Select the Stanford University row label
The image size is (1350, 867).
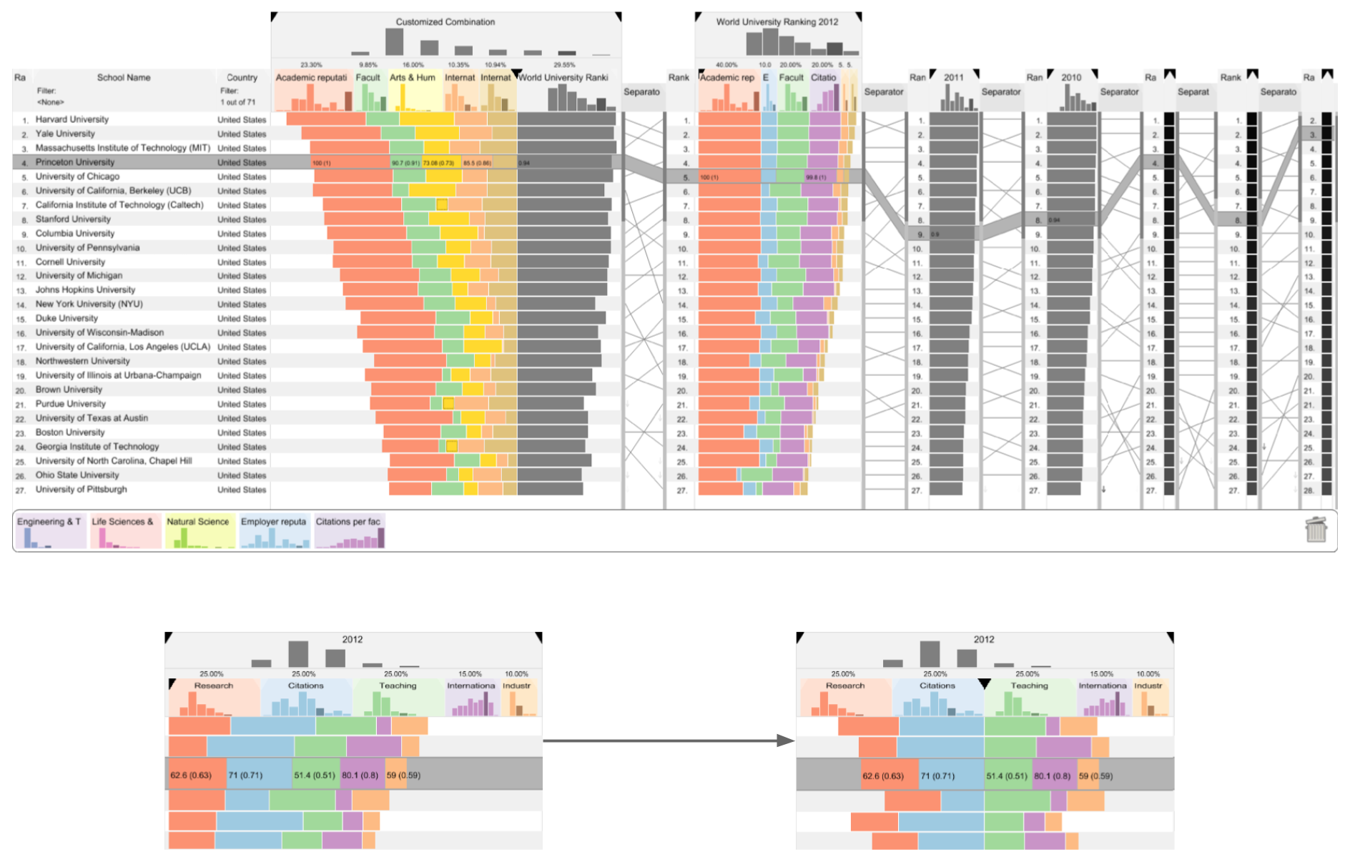[73, 219]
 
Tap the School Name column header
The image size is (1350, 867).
[124, 77]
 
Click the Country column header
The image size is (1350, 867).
[242, 77]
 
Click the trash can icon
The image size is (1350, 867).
[1316, 530]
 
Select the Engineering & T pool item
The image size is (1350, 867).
[49, 522]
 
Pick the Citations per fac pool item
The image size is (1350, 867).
[348, 522]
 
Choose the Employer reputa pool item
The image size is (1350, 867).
[273, 522]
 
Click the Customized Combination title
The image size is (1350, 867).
[445, 22]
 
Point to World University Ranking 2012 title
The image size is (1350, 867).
[777, 22]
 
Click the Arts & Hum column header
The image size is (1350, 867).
[412, 77]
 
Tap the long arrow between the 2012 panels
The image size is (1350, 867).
[669, 740]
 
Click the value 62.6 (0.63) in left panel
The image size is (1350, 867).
[191, 775]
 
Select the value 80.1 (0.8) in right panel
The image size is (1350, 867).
[1052, 776]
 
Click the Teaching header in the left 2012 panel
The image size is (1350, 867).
[398, 685]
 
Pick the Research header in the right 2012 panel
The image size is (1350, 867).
[844, 685]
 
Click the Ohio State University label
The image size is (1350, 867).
[77, 475]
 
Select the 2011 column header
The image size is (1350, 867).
[953, 77]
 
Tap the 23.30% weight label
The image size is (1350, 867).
[311, 65]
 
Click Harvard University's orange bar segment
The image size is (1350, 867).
[325, 119]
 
